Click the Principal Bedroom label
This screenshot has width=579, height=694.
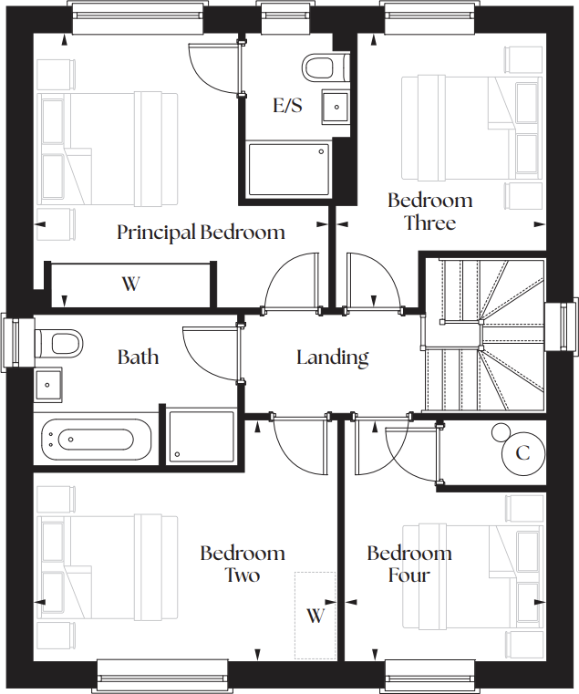[201, 233]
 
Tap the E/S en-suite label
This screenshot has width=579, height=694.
[287, 106]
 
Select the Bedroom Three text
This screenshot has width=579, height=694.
[429, 212]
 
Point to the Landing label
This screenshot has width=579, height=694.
[332, 357]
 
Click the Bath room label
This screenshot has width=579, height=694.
[138, 357]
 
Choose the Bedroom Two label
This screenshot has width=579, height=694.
[243, 564]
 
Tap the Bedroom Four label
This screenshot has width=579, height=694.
[408, 564]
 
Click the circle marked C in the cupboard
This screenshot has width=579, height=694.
[522, 452]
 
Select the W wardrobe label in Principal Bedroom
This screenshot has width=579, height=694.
[130, 284]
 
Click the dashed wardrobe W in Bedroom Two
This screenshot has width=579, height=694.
[315, 616]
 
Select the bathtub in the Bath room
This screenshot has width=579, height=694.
[96, 440]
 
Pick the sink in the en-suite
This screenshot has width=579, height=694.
[336, 107]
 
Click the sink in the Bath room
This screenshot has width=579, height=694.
[47, 385]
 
